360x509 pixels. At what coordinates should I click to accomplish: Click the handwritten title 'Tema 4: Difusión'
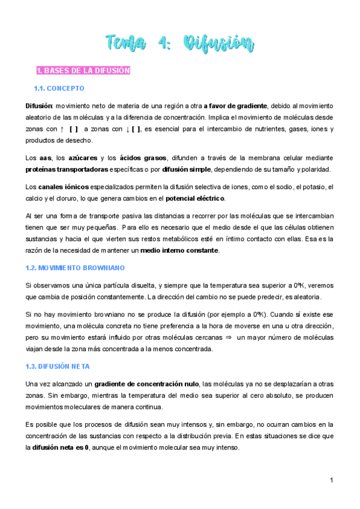tap(179, 43)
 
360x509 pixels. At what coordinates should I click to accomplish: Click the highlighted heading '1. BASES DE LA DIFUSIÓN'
tap(83, 71)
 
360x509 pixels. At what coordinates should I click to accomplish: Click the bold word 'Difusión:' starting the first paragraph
tap(40, 106)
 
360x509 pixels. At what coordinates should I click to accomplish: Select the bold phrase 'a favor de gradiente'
tap(235, 106)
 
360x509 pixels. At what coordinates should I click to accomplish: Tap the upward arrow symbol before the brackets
tap(62, 129)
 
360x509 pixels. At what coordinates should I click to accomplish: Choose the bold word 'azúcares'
tap(79, 157)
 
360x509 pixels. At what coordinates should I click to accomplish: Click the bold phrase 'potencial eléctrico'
tap(196, 198)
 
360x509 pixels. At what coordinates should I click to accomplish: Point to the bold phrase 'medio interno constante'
tap(182, 250)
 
